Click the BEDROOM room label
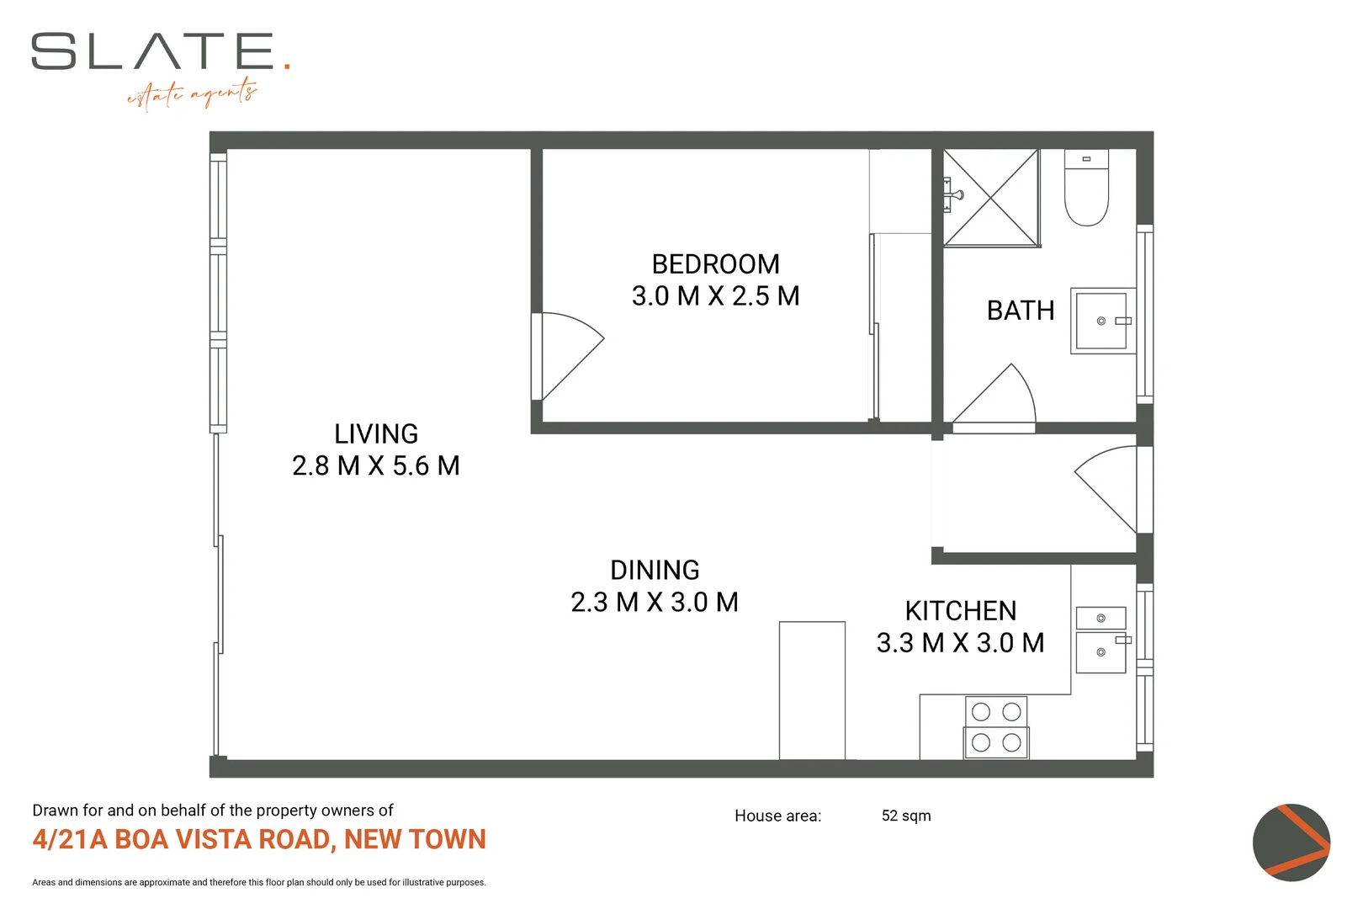(715, 264)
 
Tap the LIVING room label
(376, 434)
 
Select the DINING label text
(655, 571)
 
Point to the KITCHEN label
(960, 611)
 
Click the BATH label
(1020, 311)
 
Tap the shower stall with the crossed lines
(991, 199)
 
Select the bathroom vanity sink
(1101, 321)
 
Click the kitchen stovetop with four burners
(996, 727)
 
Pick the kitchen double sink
(1100, 641)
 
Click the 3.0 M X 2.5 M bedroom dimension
(715, 296)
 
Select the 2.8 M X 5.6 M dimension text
(376, 466)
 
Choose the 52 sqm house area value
(905, 816)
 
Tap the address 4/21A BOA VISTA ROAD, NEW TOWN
(259, 840)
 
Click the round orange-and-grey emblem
(1291, 843)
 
